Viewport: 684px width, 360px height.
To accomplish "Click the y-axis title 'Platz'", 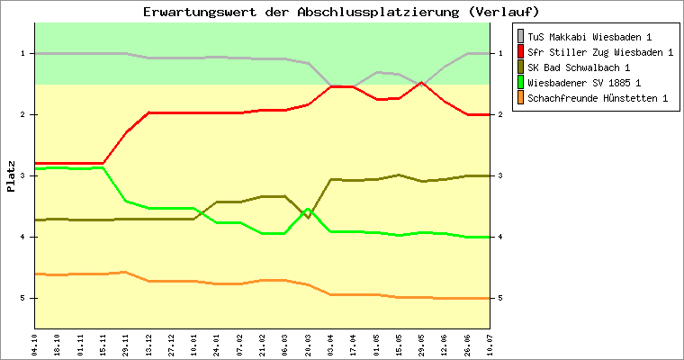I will click(x=11, y=175).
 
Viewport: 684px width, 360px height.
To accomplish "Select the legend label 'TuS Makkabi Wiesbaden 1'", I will click(x=589, y=37).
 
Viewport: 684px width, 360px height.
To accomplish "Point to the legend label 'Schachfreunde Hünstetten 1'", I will click(x=598, y=98).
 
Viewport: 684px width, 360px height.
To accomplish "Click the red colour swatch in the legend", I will click(x=520, y=52).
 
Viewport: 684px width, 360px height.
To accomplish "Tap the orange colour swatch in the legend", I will click(x=520, y=98).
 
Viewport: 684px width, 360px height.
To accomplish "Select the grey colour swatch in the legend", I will click(x=520, y=37).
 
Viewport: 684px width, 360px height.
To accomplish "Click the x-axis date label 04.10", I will click(x=34, y=344).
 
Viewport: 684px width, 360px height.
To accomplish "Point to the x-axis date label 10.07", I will click(x=490, y=344).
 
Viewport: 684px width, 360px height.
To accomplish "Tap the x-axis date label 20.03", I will click(x=308, y=344).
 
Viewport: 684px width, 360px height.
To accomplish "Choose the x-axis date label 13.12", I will click(x=148, y=344).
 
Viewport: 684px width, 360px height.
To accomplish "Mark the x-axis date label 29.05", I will click(x=422, y=344).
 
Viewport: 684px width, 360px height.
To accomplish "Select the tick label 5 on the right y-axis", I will click(x=499, y=298).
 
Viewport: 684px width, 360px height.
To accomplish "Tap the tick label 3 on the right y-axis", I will click(x=499, y=175).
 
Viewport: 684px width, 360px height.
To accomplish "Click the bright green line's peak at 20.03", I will click(x=308, y=210).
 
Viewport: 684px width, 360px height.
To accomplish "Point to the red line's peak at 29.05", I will click(x=422, y=82).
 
